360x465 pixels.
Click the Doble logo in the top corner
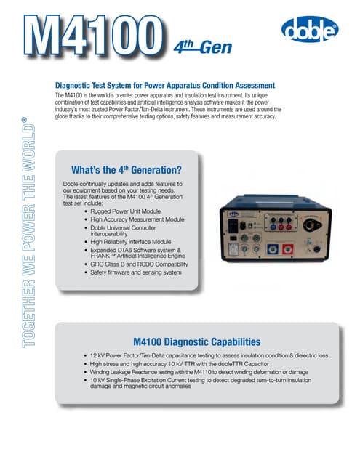coord(308,32)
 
